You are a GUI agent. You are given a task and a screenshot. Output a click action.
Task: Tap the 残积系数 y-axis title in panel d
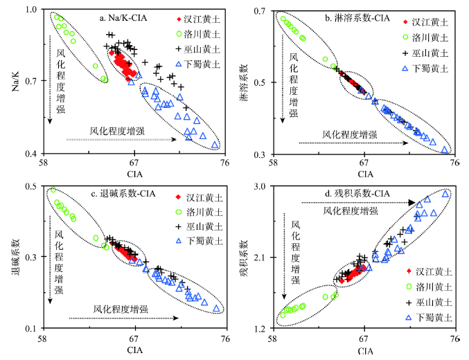(244, 258)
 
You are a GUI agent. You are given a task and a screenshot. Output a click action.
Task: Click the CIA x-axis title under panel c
(134, 350)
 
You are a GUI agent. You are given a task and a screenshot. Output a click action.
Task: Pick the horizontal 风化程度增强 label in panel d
(340, 209)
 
